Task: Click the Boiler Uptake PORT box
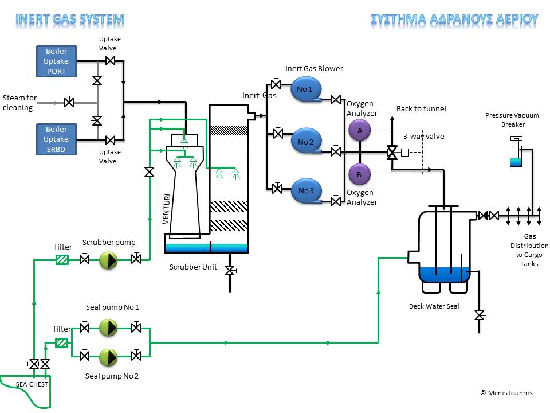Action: pos(56,61)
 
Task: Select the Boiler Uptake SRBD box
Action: pos(56,139)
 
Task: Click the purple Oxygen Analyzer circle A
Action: pos(360,131)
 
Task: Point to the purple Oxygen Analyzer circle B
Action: pos(360,174)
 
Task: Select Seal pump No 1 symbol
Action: pos(108,328)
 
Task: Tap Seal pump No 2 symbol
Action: pos(108,357)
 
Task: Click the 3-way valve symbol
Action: pos(392,153)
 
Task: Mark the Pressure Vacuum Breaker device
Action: pos(516,153)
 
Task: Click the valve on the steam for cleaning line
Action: pos(69,103)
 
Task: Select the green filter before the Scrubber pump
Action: pos(62,260)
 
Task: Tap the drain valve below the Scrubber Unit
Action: pos(229,270)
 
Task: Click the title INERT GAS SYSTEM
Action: pos(70,19)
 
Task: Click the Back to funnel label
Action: pos(421,109)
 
